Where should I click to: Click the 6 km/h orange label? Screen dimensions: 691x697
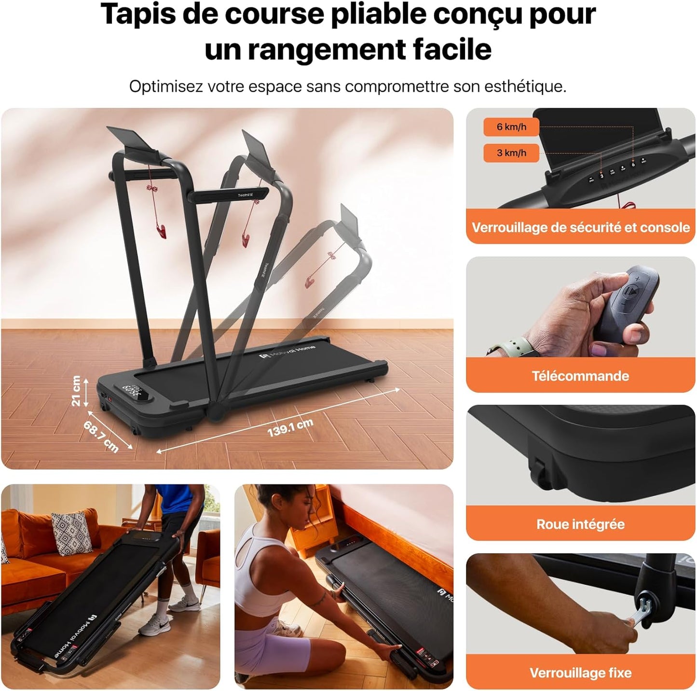click(511, 127)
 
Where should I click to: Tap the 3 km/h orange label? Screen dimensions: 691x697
click(511, 153)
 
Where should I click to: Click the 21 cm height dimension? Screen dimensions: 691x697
click(76, 391)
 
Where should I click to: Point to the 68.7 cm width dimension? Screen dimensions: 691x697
click(101, 436)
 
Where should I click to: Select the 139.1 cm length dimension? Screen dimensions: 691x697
click(290, 427)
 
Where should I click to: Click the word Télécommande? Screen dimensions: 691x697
click(580, 376)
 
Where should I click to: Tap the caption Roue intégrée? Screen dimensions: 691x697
click(580, 524)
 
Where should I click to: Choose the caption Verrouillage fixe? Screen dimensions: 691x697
click(580, 673)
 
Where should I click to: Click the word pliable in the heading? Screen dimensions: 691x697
click(381, 14)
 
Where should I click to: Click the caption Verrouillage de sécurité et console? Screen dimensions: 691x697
click(580, 227)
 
